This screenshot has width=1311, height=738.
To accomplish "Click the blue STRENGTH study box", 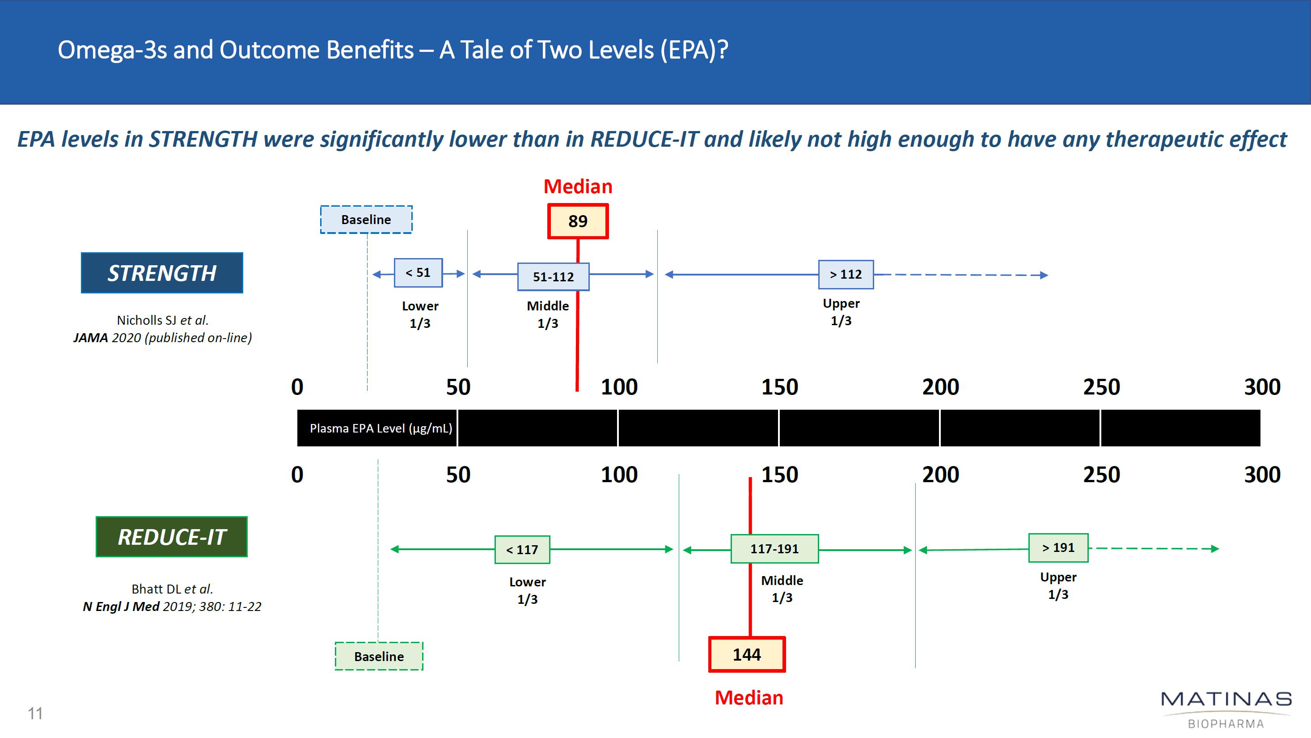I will tap(162, 273).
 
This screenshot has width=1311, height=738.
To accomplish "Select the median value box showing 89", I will tap(578, 221).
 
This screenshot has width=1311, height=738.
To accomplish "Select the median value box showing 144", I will tap(747, 654).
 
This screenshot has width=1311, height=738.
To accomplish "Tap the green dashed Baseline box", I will tap(379, 657).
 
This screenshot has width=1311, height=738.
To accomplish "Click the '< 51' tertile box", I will tap(418, 273).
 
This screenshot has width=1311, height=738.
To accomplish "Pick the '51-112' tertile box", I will tap(553, 277).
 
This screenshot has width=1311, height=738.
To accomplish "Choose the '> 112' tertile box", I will tap(846, 275).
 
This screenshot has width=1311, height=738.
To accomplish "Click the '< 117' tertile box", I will tap(522, 550).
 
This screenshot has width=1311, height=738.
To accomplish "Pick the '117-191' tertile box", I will tap(774, 549).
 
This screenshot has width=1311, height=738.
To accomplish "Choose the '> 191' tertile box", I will tap(1058, 547).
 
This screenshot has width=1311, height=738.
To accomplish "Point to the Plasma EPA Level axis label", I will tap(381, 428).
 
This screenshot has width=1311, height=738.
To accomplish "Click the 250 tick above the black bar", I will tap(1101, 387).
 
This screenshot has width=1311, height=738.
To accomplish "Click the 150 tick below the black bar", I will tap(779, 475).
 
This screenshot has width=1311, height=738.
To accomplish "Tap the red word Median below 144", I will tap(749, 698).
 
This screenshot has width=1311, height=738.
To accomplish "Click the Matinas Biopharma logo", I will tap(1226, 709).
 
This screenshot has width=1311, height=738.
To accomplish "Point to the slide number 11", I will tap(35, 713).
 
